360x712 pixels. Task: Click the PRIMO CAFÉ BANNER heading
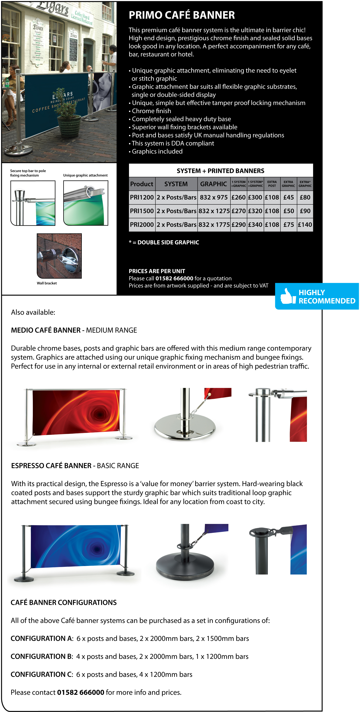(182, 15)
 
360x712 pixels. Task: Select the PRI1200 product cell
(142, 197)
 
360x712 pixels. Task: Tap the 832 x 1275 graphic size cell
(214, 211)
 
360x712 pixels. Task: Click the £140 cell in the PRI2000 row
(305, 225)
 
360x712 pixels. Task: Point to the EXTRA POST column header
(272, 184)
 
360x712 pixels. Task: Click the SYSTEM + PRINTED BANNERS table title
(221, 171)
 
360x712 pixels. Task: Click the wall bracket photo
(59, 256)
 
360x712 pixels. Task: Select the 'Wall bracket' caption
(47, 283)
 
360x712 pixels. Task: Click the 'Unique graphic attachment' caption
(85, 175)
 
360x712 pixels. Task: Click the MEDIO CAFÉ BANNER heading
(46, 330)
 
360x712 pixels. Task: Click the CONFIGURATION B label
(41, 656)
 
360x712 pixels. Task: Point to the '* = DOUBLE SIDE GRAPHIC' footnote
(164, 242)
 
